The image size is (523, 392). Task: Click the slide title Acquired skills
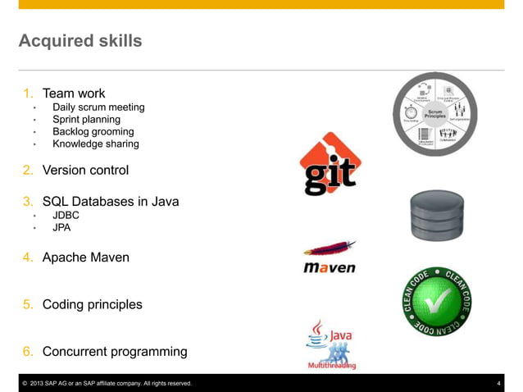click(x=80, y=40)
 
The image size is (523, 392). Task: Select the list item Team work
click(x=74, y=93)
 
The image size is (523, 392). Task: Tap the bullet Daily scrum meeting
click(x=98, y=107)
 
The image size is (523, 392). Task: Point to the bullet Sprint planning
click(x=86, y=120)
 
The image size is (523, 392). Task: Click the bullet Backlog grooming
click(x=93, y=131)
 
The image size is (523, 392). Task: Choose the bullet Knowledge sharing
click(x=95, y=144)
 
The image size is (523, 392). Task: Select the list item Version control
click(x=85, y=171)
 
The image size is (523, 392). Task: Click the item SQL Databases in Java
click(x=110, y=202)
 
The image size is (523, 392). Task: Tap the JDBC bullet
click(x=66, y=216)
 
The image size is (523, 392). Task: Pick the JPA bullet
click(x=61, y=228)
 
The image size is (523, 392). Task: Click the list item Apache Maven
click(x=85, y=258)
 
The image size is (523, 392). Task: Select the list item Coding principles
click(x=92, y=304)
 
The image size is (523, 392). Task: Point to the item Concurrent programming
click(x=114, y=352)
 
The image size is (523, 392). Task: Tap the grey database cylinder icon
click(x=436, y=215)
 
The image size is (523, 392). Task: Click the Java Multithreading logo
click(x=330, y=345)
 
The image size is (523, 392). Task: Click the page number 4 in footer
click(x=498, y=383)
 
